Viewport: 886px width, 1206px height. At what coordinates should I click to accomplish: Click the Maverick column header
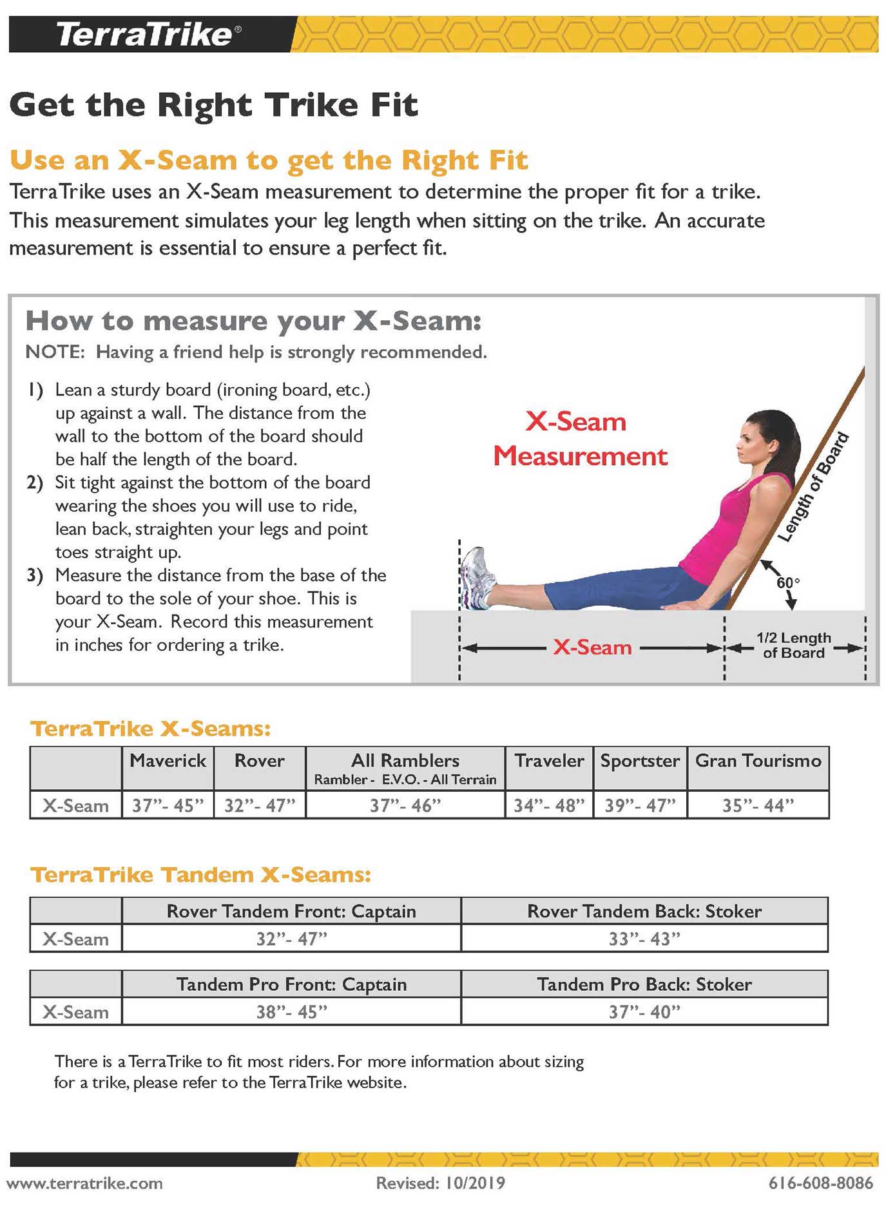click(x=168, y=761)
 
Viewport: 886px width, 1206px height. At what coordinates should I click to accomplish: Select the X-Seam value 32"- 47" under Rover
click(x=259, y=805)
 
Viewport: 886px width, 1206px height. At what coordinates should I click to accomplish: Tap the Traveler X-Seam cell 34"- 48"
click(x=549, y=805)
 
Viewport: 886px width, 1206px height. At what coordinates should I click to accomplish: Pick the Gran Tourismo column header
click(x=758, y=761)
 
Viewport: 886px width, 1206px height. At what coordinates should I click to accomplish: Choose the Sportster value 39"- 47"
click(x=640, y=805)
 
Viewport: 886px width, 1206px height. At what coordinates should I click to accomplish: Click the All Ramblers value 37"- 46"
click(x=405, y=805)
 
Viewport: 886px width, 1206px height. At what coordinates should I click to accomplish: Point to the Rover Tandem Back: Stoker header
click(x=644, y=911)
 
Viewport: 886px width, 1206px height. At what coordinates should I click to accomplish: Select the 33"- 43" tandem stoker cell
click(x=644, y=939)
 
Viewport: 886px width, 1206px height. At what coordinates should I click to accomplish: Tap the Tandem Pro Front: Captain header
click(x=291, y=984)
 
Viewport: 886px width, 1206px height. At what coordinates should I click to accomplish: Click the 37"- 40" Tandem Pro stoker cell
click(x=644, y=1012)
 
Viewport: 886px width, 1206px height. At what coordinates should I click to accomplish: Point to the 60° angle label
click(x=787, y=582)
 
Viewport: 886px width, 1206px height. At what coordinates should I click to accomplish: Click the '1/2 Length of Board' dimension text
click(x=793, y=646)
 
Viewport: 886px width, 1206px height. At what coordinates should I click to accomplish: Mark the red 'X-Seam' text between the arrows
click(x=592, y=647)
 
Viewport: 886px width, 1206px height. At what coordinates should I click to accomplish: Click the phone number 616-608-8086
click(x=820, y=1183)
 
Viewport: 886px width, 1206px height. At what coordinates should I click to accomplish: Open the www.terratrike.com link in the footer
click(x=84, y=1183)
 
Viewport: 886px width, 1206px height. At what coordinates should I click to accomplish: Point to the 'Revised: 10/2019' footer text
click(x=441, y=1183)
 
